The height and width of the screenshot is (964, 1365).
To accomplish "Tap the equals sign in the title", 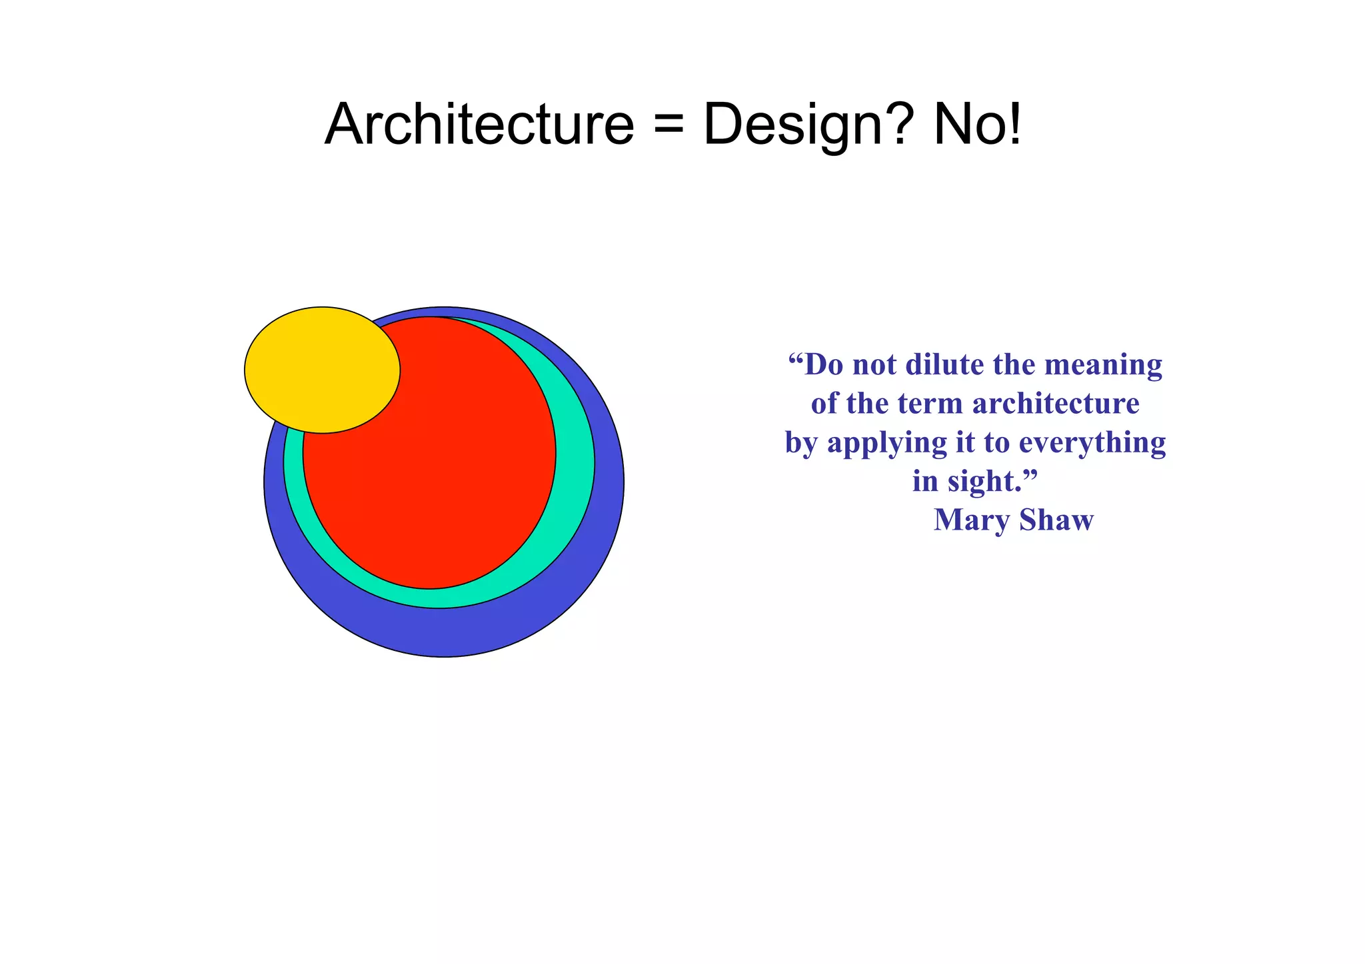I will [669, 126].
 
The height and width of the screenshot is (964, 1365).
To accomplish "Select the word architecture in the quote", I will [1056, 404].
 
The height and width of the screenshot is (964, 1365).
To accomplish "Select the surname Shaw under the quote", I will [1056, 520].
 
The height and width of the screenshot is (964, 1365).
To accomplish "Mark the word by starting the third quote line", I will [802, 444].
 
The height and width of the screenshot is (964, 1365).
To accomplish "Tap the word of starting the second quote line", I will [824, 404].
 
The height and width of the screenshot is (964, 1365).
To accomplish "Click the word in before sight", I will [925, 481].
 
